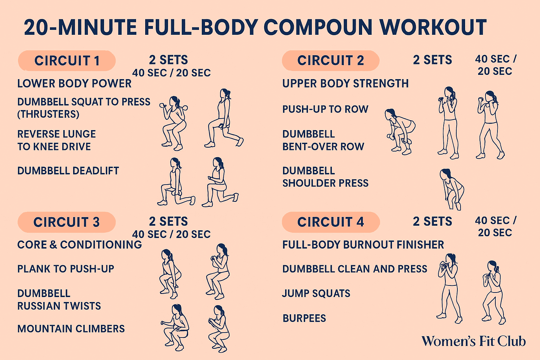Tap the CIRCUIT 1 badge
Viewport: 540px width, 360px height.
pos(67,60)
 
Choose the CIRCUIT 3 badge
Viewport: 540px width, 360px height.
pos(66,222)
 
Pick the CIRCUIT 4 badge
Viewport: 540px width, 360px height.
pos(331,222)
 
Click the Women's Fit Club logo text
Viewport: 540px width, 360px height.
pos(474,341)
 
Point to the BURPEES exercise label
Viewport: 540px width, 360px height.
pos(304,318)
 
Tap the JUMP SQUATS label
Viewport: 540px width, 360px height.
pos(316,294)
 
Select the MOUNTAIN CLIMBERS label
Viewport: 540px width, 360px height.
pos(71,329)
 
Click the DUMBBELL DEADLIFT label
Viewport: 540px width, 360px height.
pos(68,171)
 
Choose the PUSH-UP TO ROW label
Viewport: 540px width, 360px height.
pos(326,109)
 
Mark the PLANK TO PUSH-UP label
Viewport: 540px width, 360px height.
pos(66,269)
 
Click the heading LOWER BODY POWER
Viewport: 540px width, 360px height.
pos(75,83)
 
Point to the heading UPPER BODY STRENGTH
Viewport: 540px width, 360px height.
pos(346,83)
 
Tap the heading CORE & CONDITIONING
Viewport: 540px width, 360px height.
pos(80,245)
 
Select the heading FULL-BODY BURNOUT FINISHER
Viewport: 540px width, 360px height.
pos(363,245)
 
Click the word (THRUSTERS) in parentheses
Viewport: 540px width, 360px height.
pos(48,114)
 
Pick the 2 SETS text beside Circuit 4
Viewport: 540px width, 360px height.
pos(432,221)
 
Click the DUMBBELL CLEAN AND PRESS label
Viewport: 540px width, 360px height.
pos(355,269)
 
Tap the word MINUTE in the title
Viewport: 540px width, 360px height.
pos(98,27)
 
